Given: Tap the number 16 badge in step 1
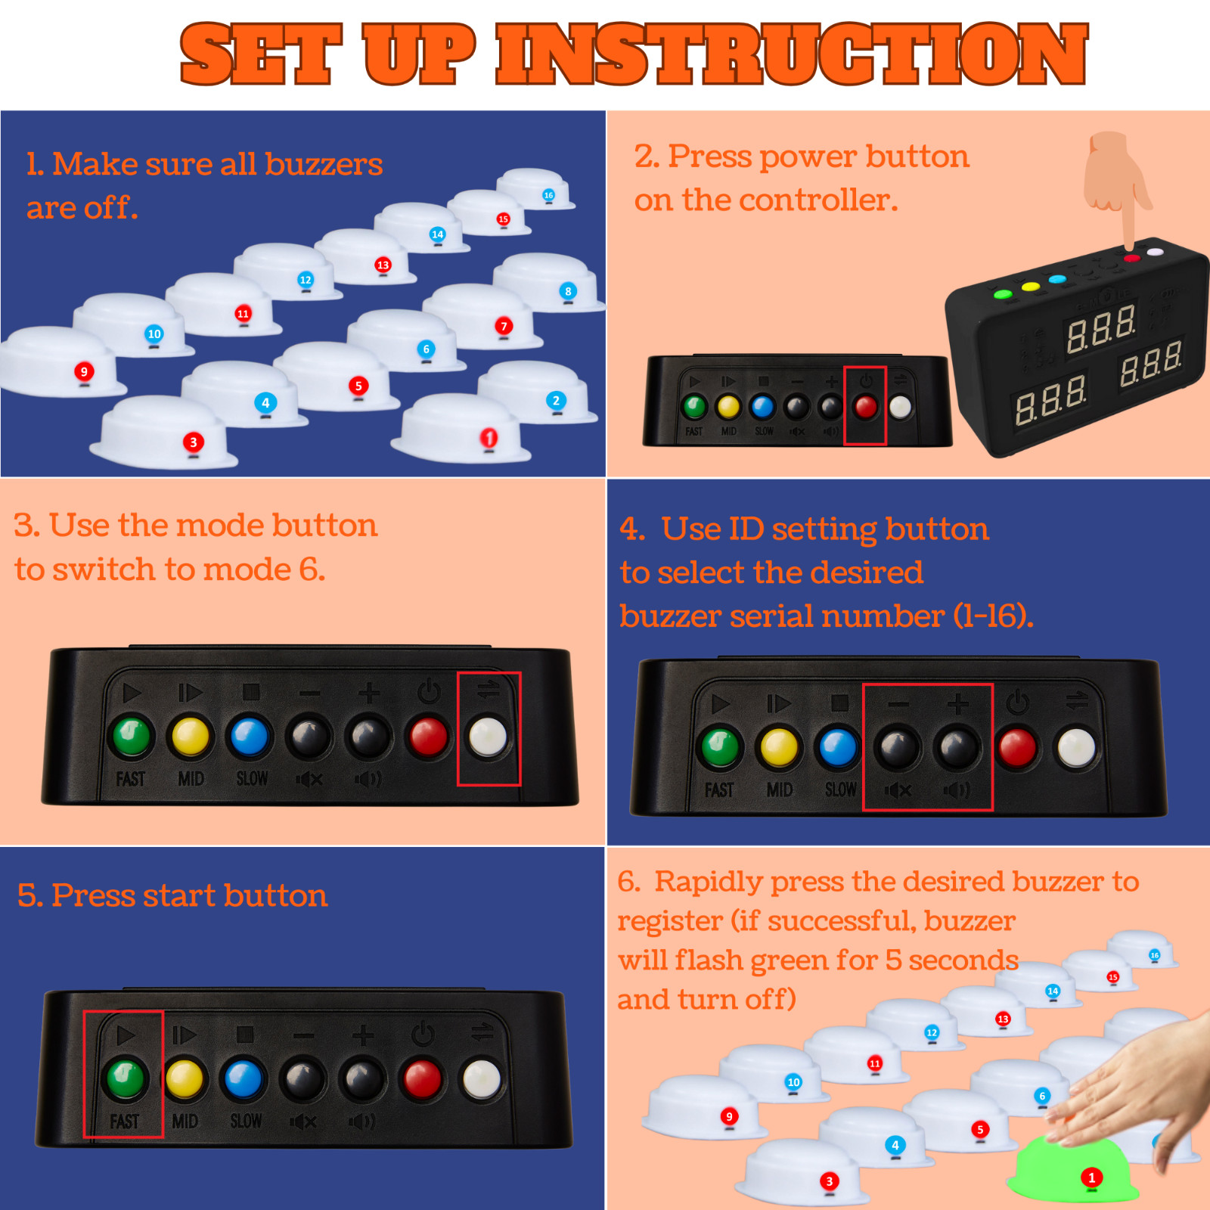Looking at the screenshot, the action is pos(548,195).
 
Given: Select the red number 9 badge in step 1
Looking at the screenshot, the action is pos(84,371).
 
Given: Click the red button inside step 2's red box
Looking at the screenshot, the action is pos(865,408).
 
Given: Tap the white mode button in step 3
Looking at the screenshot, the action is pos(488,737).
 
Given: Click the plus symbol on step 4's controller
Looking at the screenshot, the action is pos(957,704).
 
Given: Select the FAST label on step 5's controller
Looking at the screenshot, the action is pos(125,1121).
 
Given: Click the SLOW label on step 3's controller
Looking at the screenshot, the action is pos(252,778).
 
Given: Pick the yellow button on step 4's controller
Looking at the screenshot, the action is pos(779,748).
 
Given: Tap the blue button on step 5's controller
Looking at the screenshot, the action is pos(244,1079).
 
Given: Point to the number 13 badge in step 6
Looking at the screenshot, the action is pos(1003,1019).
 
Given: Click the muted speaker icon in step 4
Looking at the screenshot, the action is pos(898,790).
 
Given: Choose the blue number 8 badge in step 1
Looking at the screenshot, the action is pos(568,291).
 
